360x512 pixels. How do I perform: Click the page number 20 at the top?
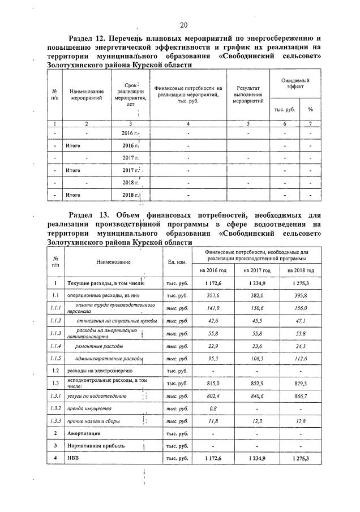tap(183, 24)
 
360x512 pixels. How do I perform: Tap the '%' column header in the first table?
tap(310, 109)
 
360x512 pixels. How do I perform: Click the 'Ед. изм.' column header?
tap(178, 261)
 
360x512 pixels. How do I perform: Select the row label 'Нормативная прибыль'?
tap(91, 445)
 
